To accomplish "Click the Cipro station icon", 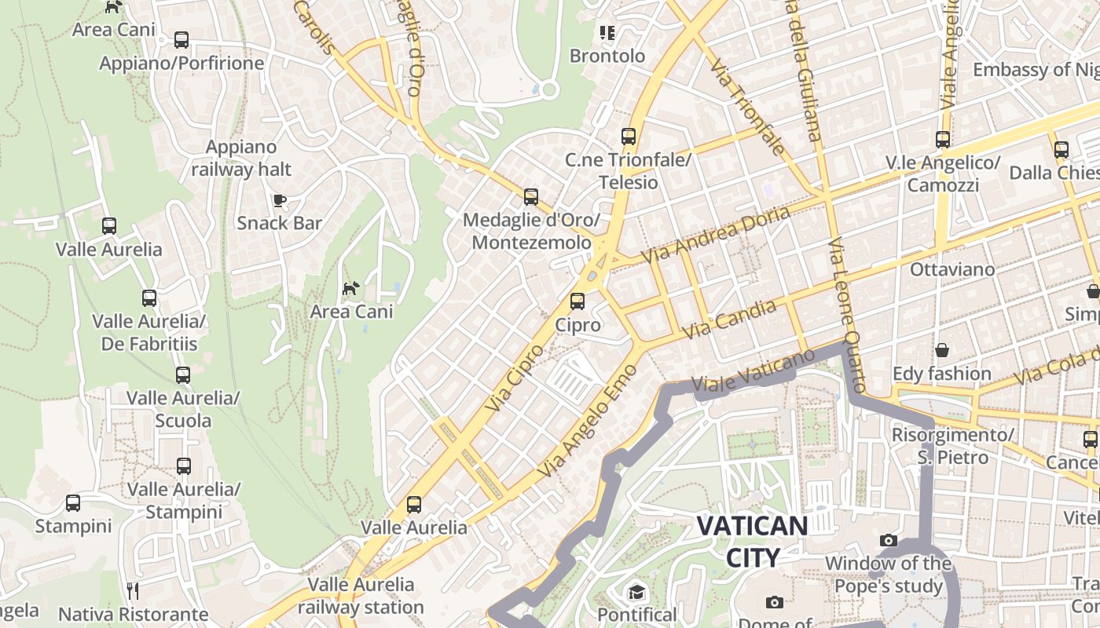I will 577,301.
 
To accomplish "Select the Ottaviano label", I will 951,269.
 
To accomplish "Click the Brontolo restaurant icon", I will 607,33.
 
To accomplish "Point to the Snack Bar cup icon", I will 279,200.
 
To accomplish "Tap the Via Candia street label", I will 729,319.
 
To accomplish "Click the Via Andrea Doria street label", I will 715,235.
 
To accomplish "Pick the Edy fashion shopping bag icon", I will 941,350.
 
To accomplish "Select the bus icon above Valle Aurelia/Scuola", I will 183,375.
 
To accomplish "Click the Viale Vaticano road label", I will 753,371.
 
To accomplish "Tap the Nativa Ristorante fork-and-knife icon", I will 133,590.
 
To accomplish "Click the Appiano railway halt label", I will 241,158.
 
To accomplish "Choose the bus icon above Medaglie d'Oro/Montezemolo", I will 531,197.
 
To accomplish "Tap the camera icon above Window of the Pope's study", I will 889,540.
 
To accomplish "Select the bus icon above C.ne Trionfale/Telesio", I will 628,137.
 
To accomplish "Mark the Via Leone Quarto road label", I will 847,314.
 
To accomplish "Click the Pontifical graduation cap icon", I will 636,591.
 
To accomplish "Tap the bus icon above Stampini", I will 73,503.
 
